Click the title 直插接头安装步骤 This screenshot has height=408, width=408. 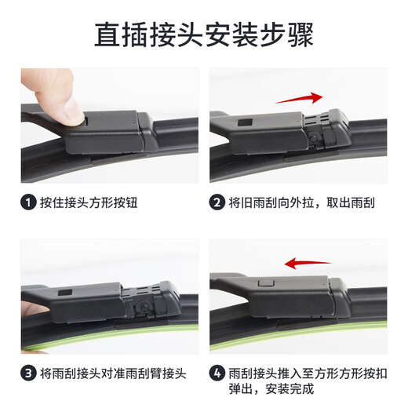204,35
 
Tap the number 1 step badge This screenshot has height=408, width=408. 28,202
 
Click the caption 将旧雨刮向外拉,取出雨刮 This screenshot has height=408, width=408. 302,202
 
